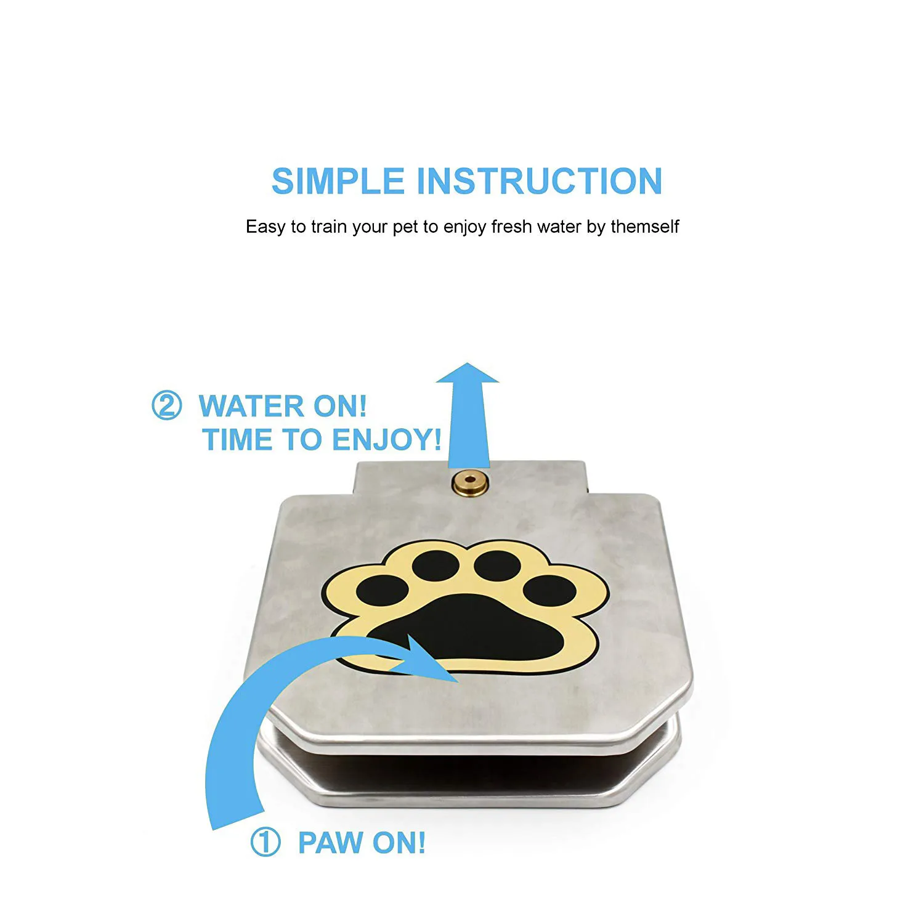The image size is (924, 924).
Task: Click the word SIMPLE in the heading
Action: click(x=338, y=181)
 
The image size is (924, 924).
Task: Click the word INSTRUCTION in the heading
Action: click(x=539, y=181)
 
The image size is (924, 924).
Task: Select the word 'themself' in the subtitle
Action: click(x=644, y=227)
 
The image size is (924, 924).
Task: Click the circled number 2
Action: click(x=166, y=406)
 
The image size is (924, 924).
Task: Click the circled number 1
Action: click(x=265, y=842)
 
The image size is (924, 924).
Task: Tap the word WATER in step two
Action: click(x=252, y=407)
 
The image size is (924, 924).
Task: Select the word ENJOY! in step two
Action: click(x=386, y=440)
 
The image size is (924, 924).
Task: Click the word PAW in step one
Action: click(x=330, y=843)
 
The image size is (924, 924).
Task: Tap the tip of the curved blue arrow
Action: click(x=453, y=678)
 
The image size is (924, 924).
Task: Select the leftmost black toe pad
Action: click(x=383, y=591)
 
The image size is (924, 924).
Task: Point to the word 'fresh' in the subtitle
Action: click(x=511, y=227)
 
